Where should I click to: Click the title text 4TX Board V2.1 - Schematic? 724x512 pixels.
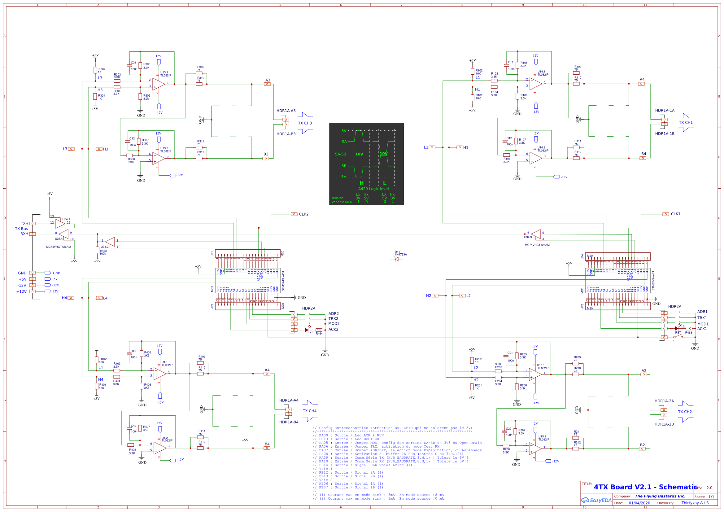point(645,487)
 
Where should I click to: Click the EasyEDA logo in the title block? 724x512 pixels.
point(596,500)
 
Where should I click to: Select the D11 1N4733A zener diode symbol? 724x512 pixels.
point(396,259)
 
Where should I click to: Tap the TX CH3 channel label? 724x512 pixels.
point(305,123)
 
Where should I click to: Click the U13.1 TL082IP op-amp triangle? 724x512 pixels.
point(159,84)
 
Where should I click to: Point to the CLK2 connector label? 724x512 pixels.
point(303,214)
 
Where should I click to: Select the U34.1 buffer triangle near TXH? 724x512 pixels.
point(60,224)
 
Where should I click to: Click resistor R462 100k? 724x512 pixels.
point(98,250)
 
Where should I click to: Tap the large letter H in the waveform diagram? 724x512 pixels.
point(361,183)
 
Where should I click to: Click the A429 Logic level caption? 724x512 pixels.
point(373,189)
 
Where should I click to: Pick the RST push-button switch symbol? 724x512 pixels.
point(678,337)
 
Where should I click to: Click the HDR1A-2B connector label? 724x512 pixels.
point(664,424)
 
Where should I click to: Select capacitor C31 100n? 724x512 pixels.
point(129,66)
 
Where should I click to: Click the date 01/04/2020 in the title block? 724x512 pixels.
point(639,503)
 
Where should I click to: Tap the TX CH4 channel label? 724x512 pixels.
point(309,411)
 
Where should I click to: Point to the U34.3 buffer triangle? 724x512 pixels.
point(536,234)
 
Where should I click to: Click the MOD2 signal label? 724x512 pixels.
point(334,323)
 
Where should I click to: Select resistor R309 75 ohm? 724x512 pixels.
point(199,73)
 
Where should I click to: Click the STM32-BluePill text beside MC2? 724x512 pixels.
point(283,281)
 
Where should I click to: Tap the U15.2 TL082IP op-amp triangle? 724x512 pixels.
point(535,449)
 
